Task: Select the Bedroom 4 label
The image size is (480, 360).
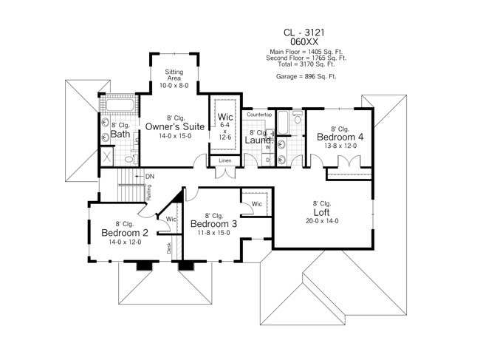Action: click(x=340, y=137)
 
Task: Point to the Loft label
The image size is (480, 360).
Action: click(x=322, y=211)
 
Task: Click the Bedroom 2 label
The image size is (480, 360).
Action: click(x=125, y=233)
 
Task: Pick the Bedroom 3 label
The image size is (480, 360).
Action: click(x=213, y=224)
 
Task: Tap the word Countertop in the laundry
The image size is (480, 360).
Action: click(x=259, y=115)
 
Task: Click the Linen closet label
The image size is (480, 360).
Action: click(x=224, y=160)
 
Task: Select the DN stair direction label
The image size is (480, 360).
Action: click(x=150, y=176)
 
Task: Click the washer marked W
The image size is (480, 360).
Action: click(x=268, y=147)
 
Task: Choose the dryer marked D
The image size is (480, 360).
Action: click(x=268, y=160)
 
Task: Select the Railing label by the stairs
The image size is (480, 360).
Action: click(x=149, y=192)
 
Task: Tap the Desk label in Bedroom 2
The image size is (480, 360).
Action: click(x=168, y=248)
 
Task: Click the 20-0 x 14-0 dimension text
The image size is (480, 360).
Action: click(x=322, y=220)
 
